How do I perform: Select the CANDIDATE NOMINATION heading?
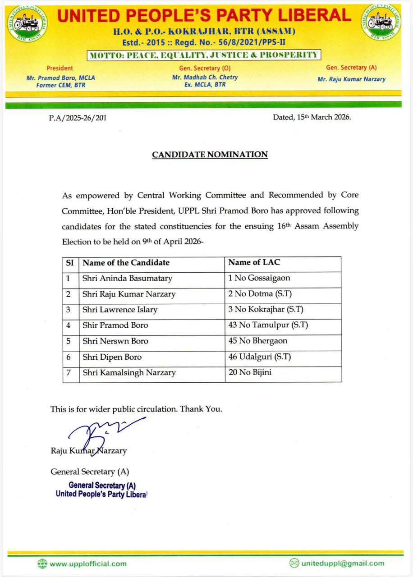tap(210, 155)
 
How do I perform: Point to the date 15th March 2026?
tap(312, 117)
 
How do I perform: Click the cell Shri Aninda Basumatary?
tap(127, 279)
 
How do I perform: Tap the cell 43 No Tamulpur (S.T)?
tap(268, 325)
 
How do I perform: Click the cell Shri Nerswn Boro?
tap(115, 341)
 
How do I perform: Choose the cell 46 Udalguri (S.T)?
tap(260, 357)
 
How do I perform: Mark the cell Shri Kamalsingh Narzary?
tap(129, 373)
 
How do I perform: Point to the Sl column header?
tap(70, 262)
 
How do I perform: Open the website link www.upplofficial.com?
tap(88, 563)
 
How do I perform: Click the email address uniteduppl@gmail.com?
tap(343, 563)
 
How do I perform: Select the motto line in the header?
tap(204, 55)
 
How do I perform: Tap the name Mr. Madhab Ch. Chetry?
tap(205, 77)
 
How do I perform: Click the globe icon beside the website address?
tap(42, 563)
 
